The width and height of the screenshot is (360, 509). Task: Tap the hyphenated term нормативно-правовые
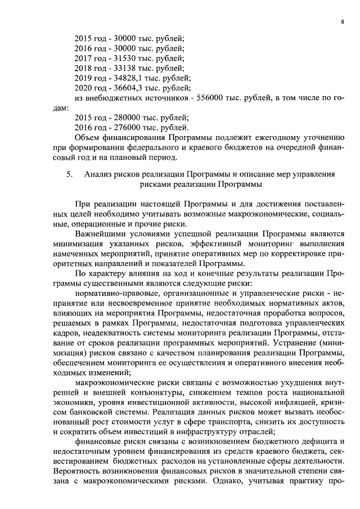point(114,292)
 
